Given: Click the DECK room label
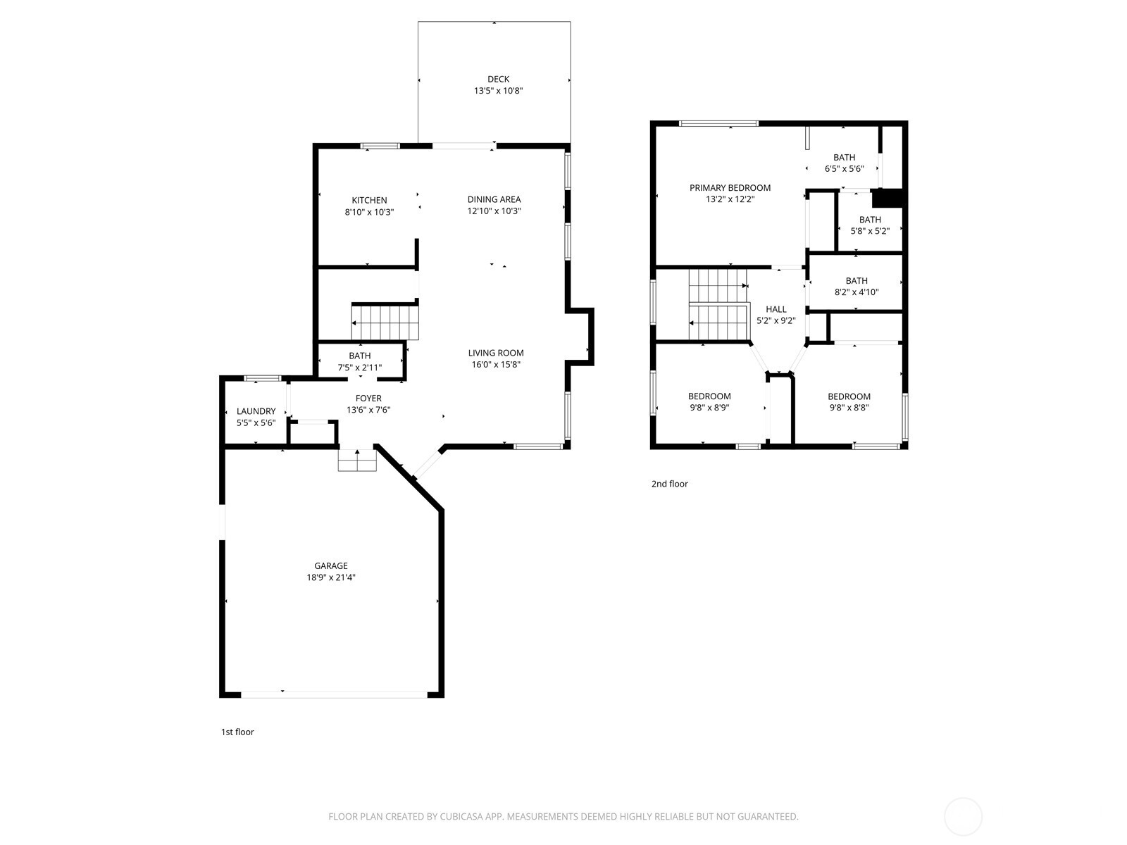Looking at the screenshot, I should pos(498,80).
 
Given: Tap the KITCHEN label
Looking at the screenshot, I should pos(369,201).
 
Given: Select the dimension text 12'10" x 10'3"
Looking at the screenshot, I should pos(494,211).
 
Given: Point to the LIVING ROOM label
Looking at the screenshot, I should pos(496,353).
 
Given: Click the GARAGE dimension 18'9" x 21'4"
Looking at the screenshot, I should pos(331,577).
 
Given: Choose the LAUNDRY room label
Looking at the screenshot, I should pos(256,411).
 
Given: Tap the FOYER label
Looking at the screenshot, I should pos(368,399).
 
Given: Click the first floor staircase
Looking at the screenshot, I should pos(385,322).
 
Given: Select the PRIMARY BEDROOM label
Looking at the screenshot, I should pos(730,188).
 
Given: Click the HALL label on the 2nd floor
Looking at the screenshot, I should pos(776,309).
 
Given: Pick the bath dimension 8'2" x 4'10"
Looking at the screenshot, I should pos(857,292).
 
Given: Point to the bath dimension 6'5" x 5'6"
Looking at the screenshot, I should pos(844,169).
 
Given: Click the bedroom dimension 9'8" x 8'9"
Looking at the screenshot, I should pos(709,407).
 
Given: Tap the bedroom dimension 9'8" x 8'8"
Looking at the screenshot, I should pos(849,407).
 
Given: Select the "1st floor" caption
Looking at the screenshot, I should pos(237,732).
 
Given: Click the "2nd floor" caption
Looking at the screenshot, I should pos(669,484).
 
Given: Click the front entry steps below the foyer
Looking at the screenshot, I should pos(357,461).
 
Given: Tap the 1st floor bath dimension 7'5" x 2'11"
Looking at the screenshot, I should pos(359,367).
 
